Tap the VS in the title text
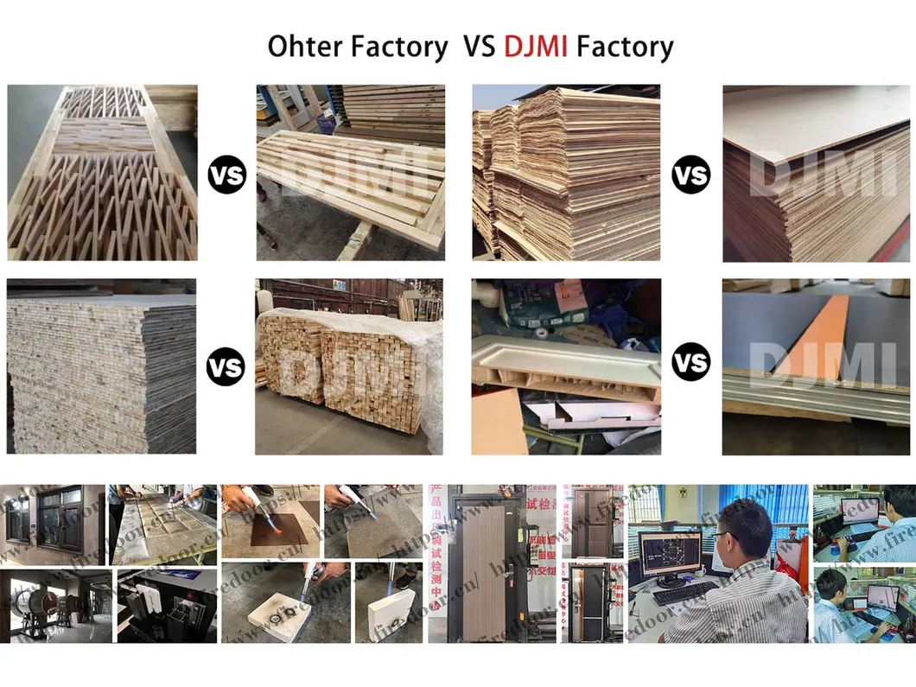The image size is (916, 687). pos(479,46)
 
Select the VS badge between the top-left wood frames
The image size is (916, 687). pos(226,175)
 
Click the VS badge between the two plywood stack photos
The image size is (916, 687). pos(690,175)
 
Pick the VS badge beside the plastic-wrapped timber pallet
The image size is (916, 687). pos(225,367)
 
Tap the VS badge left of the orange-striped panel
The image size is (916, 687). pos(690,361)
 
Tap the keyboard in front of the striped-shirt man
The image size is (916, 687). pos(684,593)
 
